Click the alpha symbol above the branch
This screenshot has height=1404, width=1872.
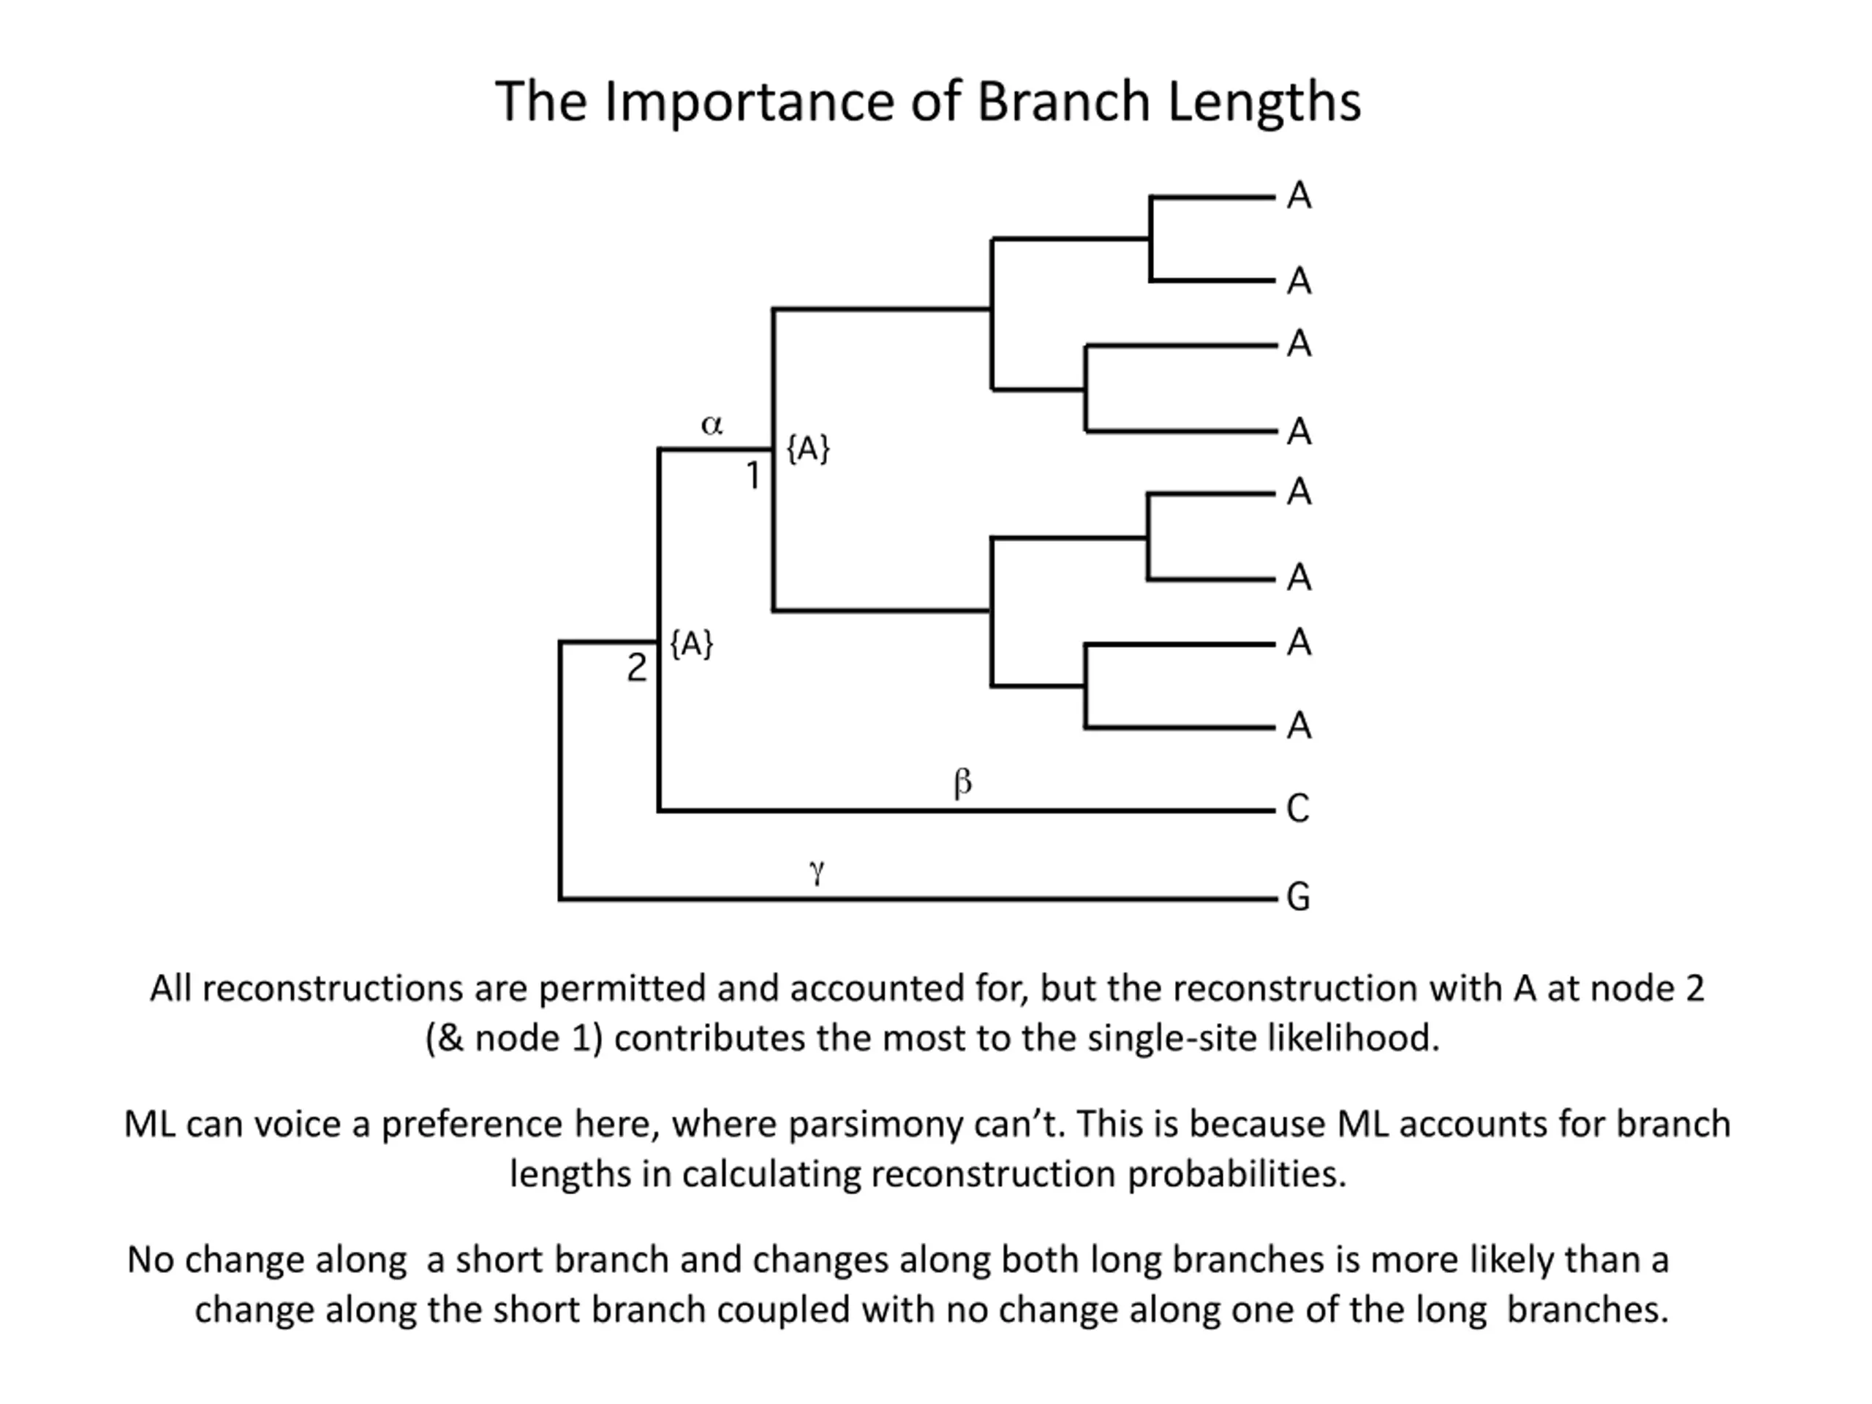[712, 425]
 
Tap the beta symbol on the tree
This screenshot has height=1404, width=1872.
[962, 783]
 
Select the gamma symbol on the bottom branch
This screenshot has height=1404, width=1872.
[817, 870]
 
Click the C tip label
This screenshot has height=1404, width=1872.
[1298, 809]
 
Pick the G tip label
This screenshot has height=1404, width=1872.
[1298, 897]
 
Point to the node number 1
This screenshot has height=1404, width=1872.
[753, 478]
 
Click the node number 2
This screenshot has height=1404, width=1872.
[636, 668]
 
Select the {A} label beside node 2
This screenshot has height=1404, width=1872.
[692, 644]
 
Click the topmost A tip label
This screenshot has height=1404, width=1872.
[1299, 196]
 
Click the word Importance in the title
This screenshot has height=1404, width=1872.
[749, 102]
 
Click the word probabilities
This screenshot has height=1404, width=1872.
[1236, 1174]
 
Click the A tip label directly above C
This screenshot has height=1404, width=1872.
[1299, 726]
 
